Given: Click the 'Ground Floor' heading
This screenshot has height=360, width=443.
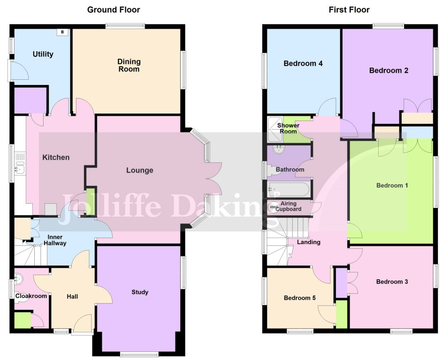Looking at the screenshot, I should [114, 9].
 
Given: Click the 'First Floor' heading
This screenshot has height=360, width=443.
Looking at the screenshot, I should [350, 9].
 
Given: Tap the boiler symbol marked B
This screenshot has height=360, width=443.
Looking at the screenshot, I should [62, 32].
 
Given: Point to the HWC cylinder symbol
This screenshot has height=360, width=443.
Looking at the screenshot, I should [273, 207].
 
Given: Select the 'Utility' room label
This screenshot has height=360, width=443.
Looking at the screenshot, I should [43, 54].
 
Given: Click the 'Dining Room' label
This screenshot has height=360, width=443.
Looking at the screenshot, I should [129, 65].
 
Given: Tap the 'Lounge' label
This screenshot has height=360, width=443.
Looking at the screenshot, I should [139, 170].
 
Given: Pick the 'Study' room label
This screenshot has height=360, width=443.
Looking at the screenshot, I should [140, 292].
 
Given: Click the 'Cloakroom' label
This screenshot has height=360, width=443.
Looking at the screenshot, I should [31, 296].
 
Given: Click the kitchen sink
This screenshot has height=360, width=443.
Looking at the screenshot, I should [20, 166].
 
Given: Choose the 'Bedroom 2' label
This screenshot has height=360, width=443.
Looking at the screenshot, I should [389, 71].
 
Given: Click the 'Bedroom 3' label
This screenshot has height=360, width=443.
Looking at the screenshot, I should [392, 282].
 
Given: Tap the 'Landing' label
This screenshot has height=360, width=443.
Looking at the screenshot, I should [309, 242].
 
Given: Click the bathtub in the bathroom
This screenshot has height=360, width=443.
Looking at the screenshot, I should [288, 190].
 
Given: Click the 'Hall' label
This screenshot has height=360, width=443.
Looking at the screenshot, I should [72, 296].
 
